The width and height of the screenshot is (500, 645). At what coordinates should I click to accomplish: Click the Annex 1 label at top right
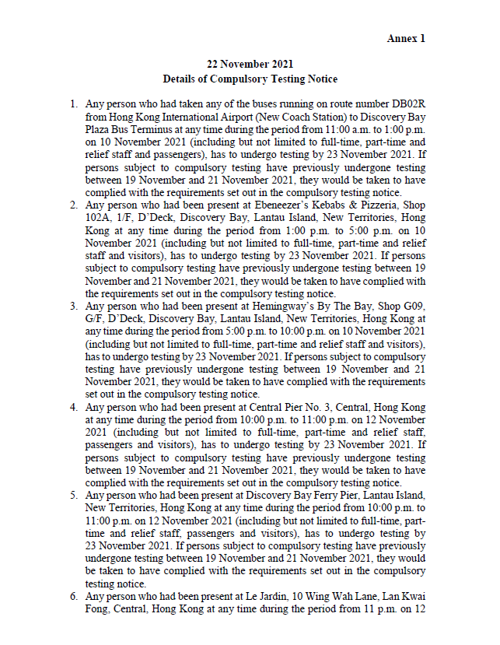click(406, 39)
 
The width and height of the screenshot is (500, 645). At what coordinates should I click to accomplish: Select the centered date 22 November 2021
click(250, 65)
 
